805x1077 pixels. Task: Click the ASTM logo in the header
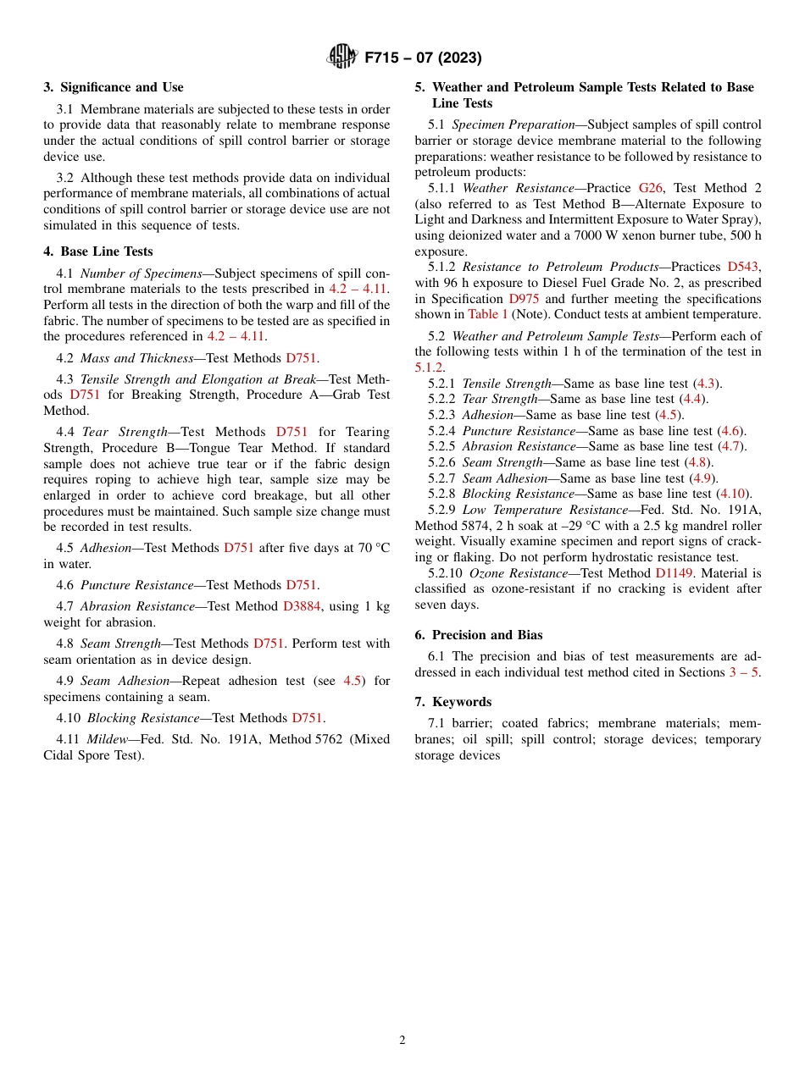[x=341, y=57]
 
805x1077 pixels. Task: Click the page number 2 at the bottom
[x=402, y=1041]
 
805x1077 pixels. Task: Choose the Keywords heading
[x=462, y=702]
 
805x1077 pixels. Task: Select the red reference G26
[x=650, y=188]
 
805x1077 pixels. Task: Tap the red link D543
[x=744, y=268]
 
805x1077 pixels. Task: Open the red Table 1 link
[x=488, y=315]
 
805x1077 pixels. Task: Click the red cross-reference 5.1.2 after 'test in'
[x=429, y=367]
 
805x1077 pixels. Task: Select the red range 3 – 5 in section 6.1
[x=744, y=672]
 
